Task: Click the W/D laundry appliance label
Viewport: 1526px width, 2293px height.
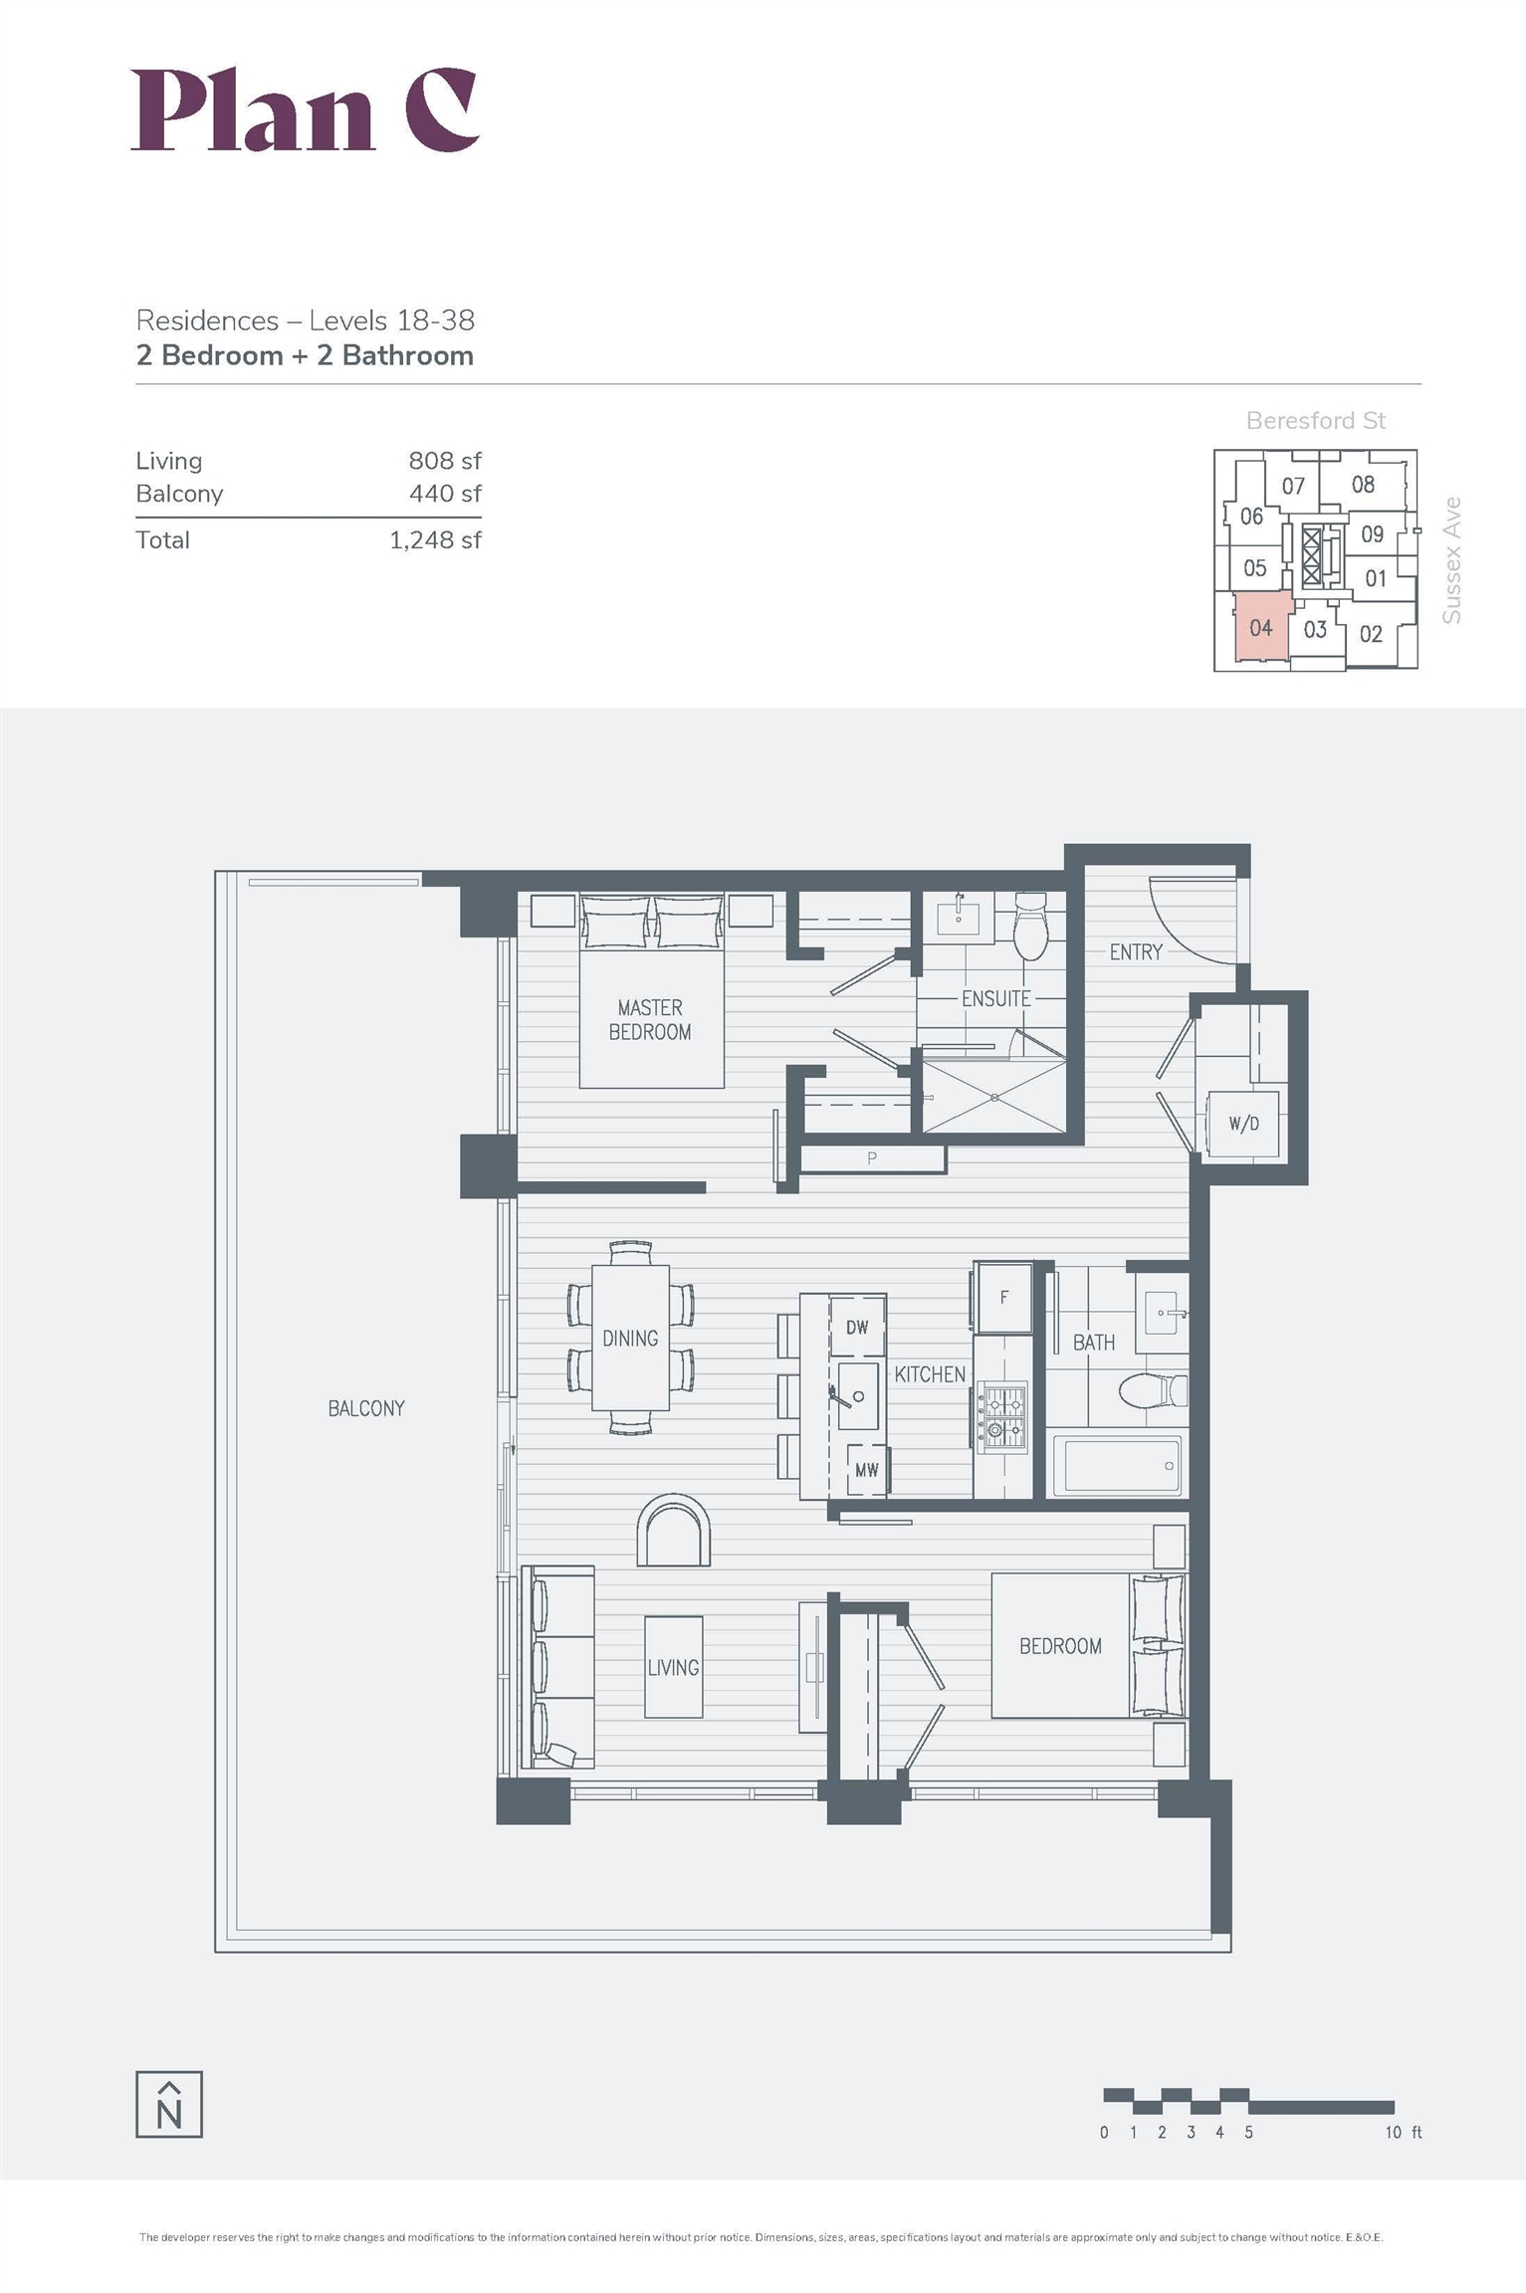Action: (x=1243, y=1124)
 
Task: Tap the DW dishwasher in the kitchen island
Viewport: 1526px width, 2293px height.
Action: (x=857, y=1327)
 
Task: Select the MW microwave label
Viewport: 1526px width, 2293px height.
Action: (x=866, y=1470)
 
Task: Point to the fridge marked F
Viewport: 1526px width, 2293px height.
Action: (x=1003, y=1297)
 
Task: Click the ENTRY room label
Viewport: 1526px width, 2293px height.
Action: (x=1136, y=952)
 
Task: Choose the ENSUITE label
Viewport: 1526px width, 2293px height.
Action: (x=995, y=998)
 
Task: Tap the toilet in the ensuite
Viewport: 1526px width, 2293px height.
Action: (x=1030, y=927)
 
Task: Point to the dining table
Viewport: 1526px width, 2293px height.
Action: (x=630, y=1338)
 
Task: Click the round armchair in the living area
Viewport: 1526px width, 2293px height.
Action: (x=674, y=1531)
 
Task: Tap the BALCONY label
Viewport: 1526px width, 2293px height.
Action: (x=366, y=1408)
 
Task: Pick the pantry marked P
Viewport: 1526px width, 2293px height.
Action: (x=872, y=1158)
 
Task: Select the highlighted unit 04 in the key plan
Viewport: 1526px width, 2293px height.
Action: (x=1262, y=626)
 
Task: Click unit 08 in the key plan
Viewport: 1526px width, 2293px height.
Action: (x=1363, y=485)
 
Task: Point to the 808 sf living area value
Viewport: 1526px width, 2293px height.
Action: (x=445, y=461)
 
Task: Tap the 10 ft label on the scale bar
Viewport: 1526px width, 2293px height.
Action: (x=1403, y=2132)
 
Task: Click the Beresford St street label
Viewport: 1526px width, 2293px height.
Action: (x=1316, y=421)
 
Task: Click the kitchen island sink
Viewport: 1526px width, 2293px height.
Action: (x=857, y=1395)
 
